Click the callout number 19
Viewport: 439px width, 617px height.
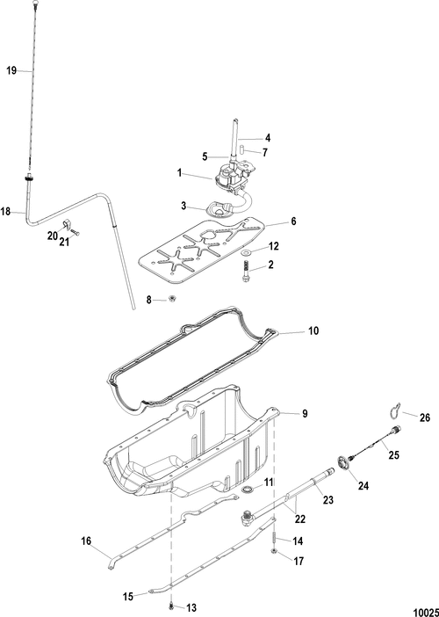click(x=11, y=71)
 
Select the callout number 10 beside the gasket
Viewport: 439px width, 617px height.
click(x=313, y=331)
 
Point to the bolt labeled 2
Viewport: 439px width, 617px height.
click(x=245, y=272)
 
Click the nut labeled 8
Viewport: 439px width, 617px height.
click(x=172, y=300)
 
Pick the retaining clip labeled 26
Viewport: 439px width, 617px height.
click(x=394, y=410)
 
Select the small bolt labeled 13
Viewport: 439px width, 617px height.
click(x=171, y=606)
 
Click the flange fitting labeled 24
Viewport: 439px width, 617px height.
click(x=344, y=462)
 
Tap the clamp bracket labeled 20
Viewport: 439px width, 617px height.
click(x=66, y=225)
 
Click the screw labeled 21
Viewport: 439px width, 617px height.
click(x=75, y=232)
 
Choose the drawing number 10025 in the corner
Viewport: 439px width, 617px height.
click(x=426, y=612)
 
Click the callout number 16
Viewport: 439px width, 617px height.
click(x=86, y=541)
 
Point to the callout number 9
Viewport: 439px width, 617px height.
click(x=305, y=414)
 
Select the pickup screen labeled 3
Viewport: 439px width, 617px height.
click(x=219, y=209)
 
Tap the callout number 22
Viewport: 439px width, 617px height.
click(x=300, y=519)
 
